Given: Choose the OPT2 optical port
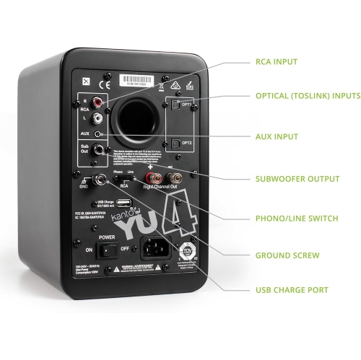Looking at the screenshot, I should tap(176, 142).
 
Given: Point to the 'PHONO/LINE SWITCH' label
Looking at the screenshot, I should tap(295, 218).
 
